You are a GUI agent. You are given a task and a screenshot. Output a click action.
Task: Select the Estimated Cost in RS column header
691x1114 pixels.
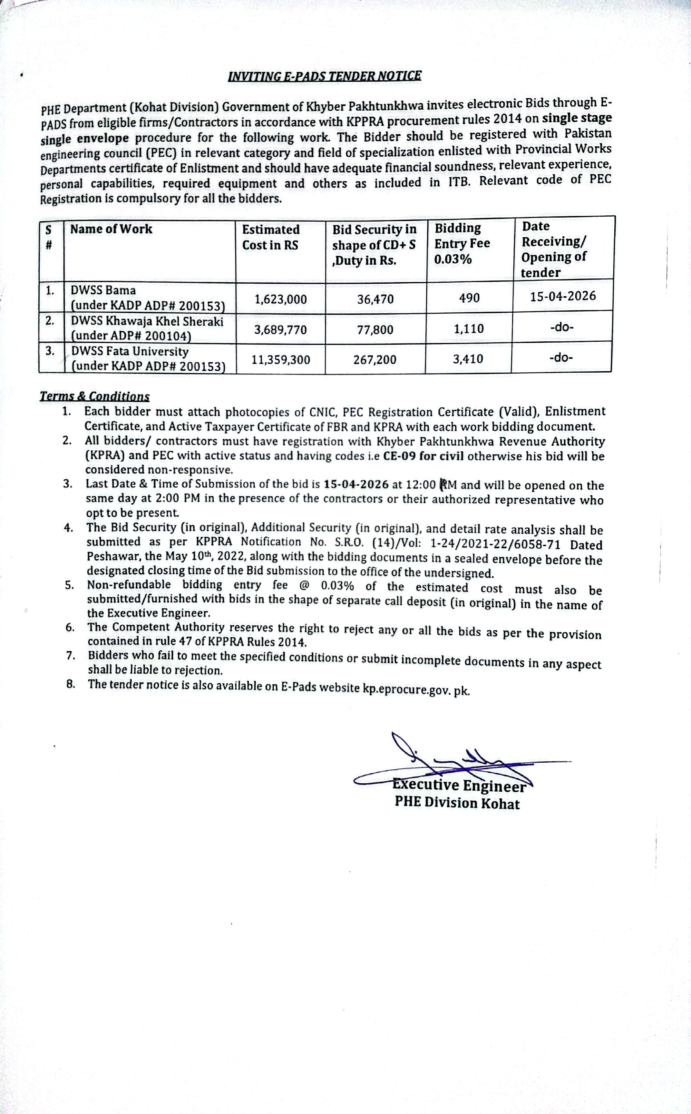point(270,237)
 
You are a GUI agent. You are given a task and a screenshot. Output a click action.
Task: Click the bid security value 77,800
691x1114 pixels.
point(375,329)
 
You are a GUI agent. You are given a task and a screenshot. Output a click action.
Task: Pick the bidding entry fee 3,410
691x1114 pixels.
point(468,359)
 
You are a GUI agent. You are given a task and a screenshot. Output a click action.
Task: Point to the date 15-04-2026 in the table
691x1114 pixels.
point(563,296)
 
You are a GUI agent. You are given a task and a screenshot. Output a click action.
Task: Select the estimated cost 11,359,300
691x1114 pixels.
point(281,360)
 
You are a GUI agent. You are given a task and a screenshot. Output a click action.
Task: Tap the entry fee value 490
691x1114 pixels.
point(469,298)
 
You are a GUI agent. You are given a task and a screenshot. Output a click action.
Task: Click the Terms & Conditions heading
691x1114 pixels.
point(95,396)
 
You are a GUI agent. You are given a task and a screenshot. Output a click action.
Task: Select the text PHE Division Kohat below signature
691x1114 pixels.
point(457,804)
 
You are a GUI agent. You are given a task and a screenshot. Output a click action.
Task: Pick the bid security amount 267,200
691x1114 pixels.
point(375,360)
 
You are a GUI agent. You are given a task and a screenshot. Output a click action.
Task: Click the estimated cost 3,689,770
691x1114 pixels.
point(281,329)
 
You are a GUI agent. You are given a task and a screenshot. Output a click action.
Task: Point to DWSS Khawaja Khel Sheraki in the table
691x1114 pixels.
point(147,321)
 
